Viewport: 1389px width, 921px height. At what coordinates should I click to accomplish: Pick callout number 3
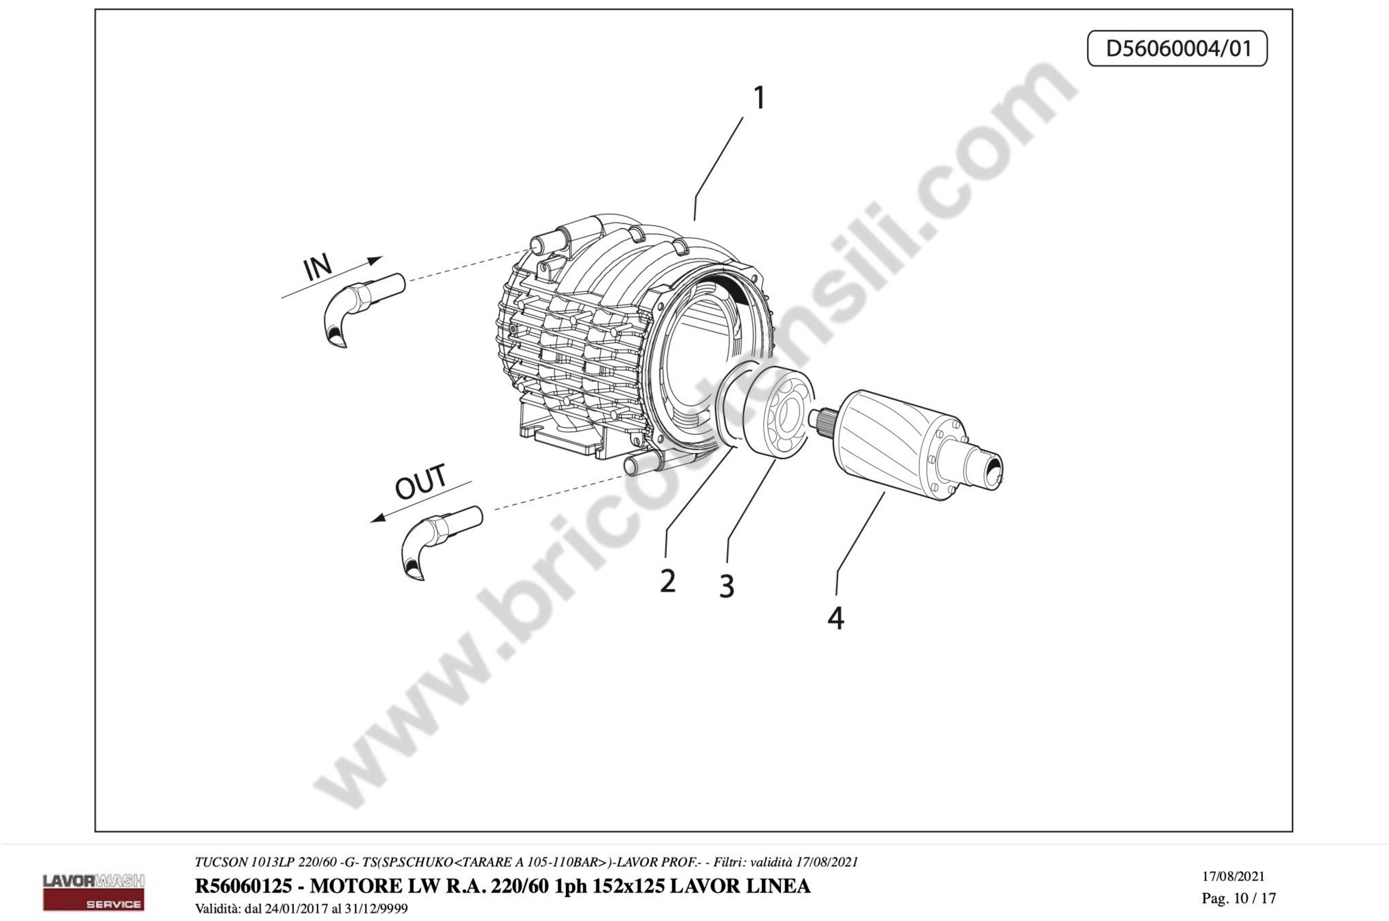[727, 586]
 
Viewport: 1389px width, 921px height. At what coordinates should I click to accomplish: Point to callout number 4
[836, 618]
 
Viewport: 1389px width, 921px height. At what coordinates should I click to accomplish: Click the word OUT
[421, 481]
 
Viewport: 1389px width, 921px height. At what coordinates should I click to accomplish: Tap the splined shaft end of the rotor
[821, 418]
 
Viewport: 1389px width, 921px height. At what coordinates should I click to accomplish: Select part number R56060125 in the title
[243, 886]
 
